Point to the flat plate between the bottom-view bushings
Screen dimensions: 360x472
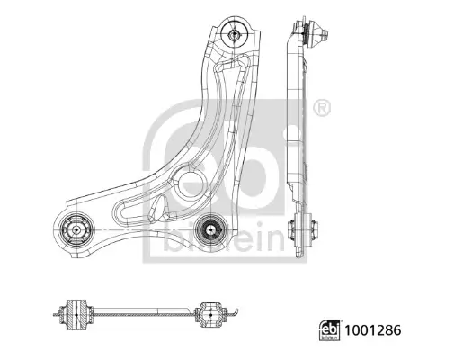[x=144, y=313]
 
